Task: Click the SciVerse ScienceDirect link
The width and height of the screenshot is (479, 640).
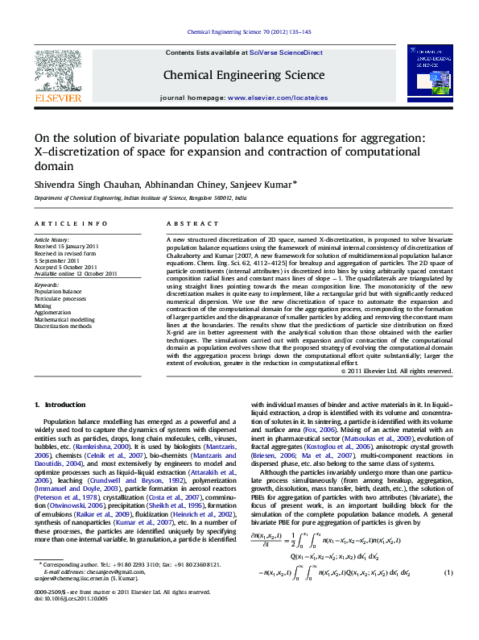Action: (286, 52)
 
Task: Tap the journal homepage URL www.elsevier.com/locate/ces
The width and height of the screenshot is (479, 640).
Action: (278, 97)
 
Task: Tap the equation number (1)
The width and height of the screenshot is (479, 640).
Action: (449, 596)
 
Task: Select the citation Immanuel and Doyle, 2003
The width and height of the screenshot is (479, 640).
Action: (93, 489)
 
